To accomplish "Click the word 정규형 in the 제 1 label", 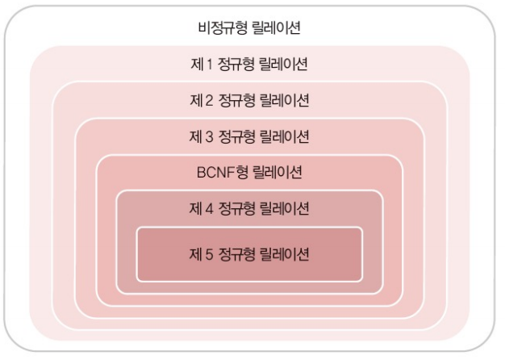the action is [235, 64].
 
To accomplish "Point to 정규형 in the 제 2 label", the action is [235, 100].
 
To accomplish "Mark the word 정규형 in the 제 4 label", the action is [235, 208].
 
